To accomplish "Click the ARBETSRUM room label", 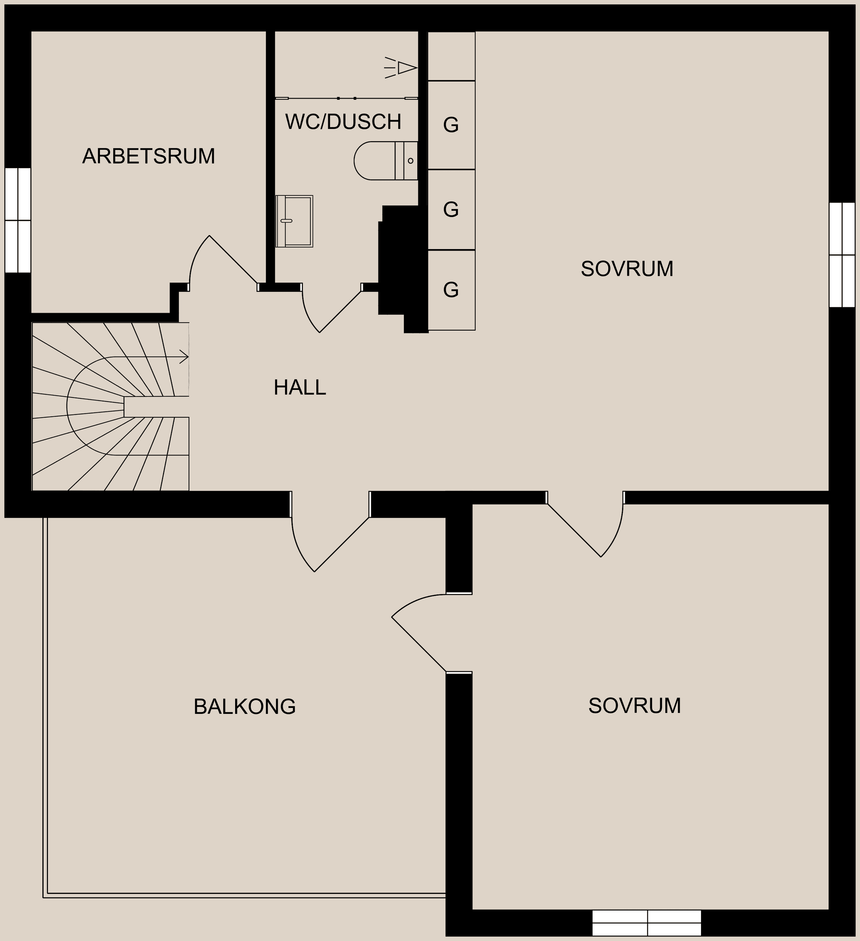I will coord(148,156).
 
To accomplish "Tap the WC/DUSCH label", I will coord(343,122).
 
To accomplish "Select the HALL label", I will coord(300,388).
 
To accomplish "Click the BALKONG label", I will coord(245,707).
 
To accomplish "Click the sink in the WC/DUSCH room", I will coord(294,221).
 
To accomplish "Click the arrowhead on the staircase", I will coord(185,358).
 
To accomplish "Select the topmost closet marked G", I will coord(451,125).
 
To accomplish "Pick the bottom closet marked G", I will coord(451,290).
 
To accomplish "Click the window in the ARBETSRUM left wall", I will coord(18,220).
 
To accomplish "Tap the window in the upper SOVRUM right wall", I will coord(842,255).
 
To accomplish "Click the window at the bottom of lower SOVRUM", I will coord(647,923).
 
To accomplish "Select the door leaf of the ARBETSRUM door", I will coord(233,259).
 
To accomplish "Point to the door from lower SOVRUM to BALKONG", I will coord(418,644).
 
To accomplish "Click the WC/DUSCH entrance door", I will coord(340,311).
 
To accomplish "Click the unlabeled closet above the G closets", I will coord(451,56).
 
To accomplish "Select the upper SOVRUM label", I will coord(627,269).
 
